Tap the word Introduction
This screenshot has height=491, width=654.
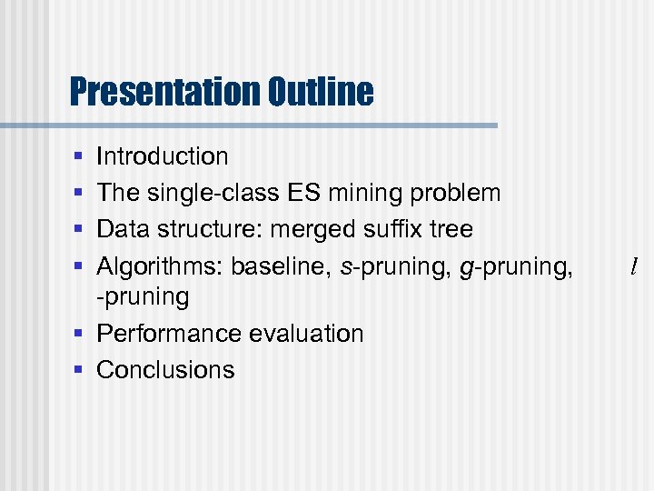click(163, 156)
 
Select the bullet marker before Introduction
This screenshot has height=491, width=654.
click(79, 157)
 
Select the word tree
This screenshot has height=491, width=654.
click(452, 229)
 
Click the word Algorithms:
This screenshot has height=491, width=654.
click(160, 266)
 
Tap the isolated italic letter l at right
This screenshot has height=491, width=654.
click(633, 266)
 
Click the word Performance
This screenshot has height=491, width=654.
click(170, 334)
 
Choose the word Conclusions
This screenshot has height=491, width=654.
click(165, 370)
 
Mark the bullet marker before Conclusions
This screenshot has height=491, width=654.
click(79, 371)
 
